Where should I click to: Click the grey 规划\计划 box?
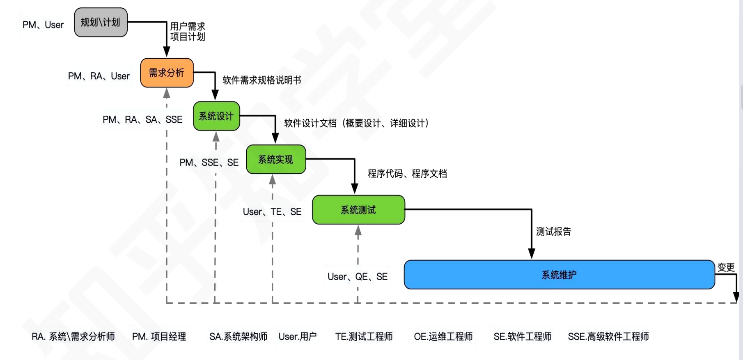[101, 22]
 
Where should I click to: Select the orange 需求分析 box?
[167, 73]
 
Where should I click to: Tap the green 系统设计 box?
[216, 116]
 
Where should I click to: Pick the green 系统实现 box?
[276, 159]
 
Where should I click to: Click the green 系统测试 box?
[358, 210]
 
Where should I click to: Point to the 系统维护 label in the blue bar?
[559, 275]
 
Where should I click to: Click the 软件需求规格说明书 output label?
[261, 80]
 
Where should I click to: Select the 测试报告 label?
[553, 232]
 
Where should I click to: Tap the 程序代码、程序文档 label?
[407, 174]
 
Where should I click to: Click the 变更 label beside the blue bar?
[725, 268]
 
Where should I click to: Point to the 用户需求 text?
[188, 26]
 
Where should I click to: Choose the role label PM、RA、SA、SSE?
[142, 119]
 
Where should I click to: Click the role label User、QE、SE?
[357, 277]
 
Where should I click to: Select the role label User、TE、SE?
[272, 212]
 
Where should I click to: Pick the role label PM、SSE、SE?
[209, 163]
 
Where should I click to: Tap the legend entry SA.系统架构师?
[238, 337]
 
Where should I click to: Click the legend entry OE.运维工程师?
[443, 337]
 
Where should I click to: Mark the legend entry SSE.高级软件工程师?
[608, 337]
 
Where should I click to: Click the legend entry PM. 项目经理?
[159, 337]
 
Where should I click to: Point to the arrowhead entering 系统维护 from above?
[532, 254]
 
